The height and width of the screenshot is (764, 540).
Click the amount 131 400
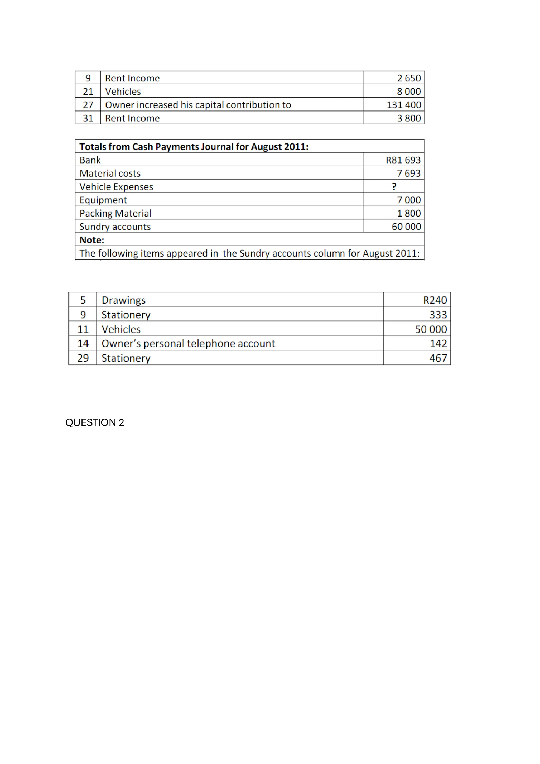pyautogui.click(x=404, y=105)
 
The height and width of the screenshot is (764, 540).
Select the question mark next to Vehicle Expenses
pyautogui.click(x=394, y=187)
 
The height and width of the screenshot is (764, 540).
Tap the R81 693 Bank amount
pyautogui.click(x=403, y=160)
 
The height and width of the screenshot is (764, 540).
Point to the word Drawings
pyautogui.click(x=123, y=300)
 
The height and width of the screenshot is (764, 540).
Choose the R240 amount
pyautogui.click(x=435, y=300)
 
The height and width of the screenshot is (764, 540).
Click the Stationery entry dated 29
pyautogui.click(x=126, y=358)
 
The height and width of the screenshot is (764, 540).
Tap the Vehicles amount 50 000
pyautogui.click(x=431, y=329)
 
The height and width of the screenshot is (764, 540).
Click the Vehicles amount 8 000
pyautogui.click(x=409, y=92)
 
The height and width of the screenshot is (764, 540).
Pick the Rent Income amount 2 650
pyautogui.click(x=409, y=78)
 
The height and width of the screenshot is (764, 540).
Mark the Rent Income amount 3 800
pyautogui.click(x=409, y=118)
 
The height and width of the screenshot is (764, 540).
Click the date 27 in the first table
pyautogui.click(x=88, y=105)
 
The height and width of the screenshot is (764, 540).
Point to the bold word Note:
pyautogui.click(x=92, y=240)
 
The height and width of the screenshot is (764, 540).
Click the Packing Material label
pyautogui.click(x=115, y=213)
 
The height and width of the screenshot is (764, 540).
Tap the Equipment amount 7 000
pyautogui.click(x=409, y=200)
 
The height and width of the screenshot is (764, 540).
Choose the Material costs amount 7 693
pyautogui.click(x=409, y=173)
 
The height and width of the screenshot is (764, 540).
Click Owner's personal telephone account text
pyautogui.click(x=188, y=343)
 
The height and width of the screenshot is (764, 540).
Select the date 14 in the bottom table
pyautogui.click(x=83, y=343)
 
